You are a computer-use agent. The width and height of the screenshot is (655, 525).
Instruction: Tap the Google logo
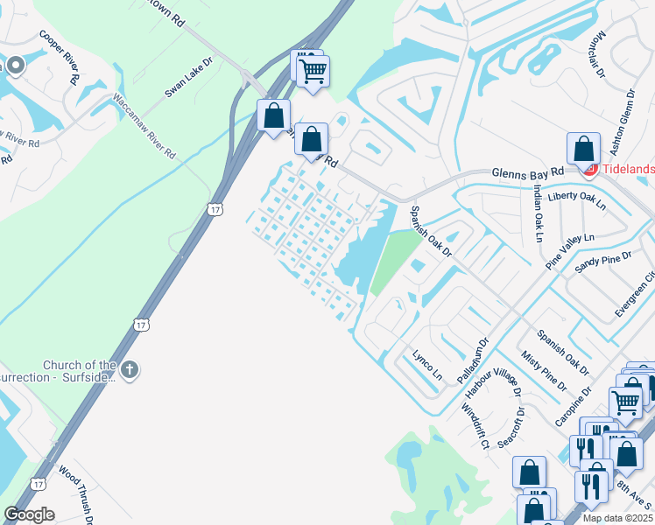point(29,514)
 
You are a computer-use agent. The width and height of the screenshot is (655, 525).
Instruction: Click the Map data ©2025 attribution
point(617,518)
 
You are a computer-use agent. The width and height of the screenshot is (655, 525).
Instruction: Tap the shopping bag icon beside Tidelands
point(583,150)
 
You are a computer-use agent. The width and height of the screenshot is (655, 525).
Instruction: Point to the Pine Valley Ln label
point(569,250)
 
